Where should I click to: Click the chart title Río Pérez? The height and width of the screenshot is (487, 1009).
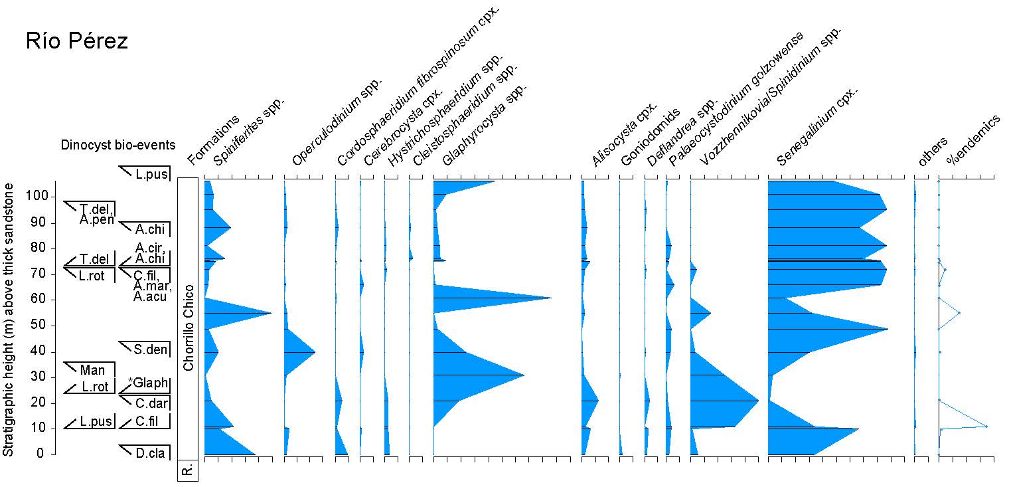pos(77,41)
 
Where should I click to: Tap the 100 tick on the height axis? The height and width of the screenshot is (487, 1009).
pos(40,197)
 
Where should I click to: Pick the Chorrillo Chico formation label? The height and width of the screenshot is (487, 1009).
pos(189,328)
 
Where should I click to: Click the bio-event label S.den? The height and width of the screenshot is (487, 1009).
pos(149,349)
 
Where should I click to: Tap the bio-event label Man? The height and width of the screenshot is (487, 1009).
pos(92,370)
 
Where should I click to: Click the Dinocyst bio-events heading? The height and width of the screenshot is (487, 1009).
pos(118,145)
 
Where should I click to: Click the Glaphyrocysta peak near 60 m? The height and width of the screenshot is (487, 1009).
pos(551,298)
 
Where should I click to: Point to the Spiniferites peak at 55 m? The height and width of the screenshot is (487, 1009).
pos(271,313)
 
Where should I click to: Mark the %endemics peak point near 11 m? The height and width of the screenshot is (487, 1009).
pos(986,426)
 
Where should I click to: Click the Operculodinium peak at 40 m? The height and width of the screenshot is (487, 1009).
pos(315,352)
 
